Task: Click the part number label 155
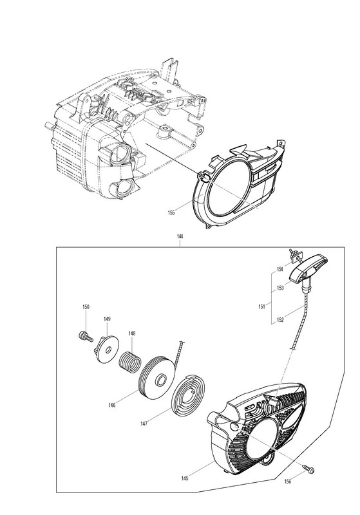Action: click(171, 212)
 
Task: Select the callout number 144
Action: click(180, 236)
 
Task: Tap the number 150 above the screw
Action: click(86, 307)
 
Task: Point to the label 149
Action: click(107, 319)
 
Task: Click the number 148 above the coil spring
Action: click(132, 333)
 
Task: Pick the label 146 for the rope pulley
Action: click(112, 405)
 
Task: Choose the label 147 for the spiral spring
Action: click(144, 424)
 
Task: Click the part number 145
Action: click(185, 478)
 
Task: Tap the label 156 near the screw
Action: click(288, 482)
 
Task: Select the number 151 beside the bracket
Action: click(261, 307)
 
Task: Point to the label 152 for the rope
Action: click(280, 319)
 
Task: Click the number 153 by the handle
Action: click(280, 288)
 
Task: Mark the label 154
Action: click(280, 269)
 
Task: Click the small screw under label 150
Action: click(86, 336)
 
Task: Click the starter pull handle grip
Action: click(309, 268)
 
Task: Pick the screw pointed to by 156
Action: click(308, 469)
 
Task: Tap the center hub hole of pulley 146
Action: click(161, 379)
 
